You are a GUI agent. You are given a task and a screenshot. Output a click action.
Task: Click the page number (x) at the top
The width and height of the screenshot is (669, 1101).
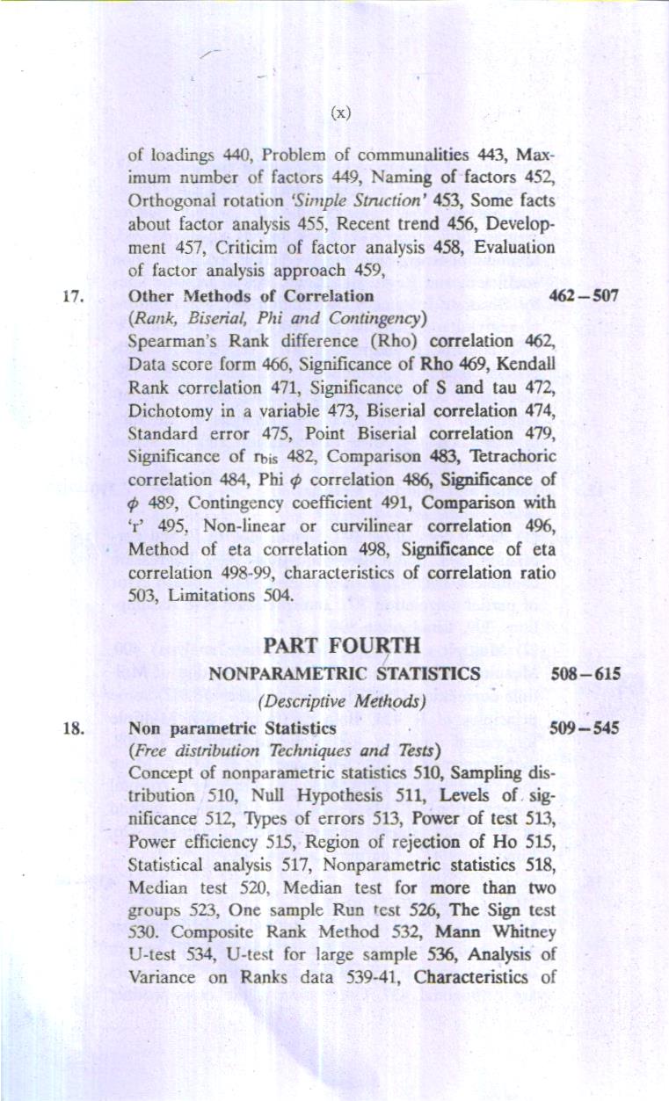click(341, 112)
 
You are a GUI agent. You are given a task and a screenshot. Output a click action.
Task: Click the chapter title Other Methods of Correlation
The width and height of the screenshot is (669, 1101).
click(251, 295)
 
